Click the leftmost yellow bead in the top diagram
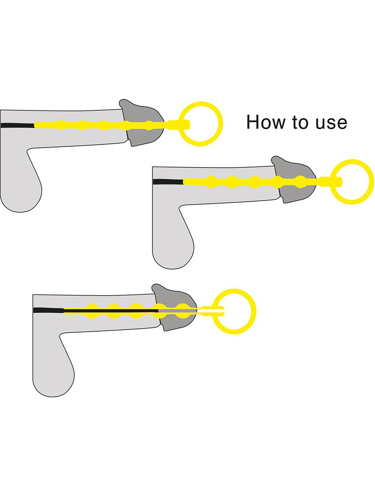[x=61, y=124]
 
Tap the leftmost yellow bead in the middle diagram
[x=211, y=181]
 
